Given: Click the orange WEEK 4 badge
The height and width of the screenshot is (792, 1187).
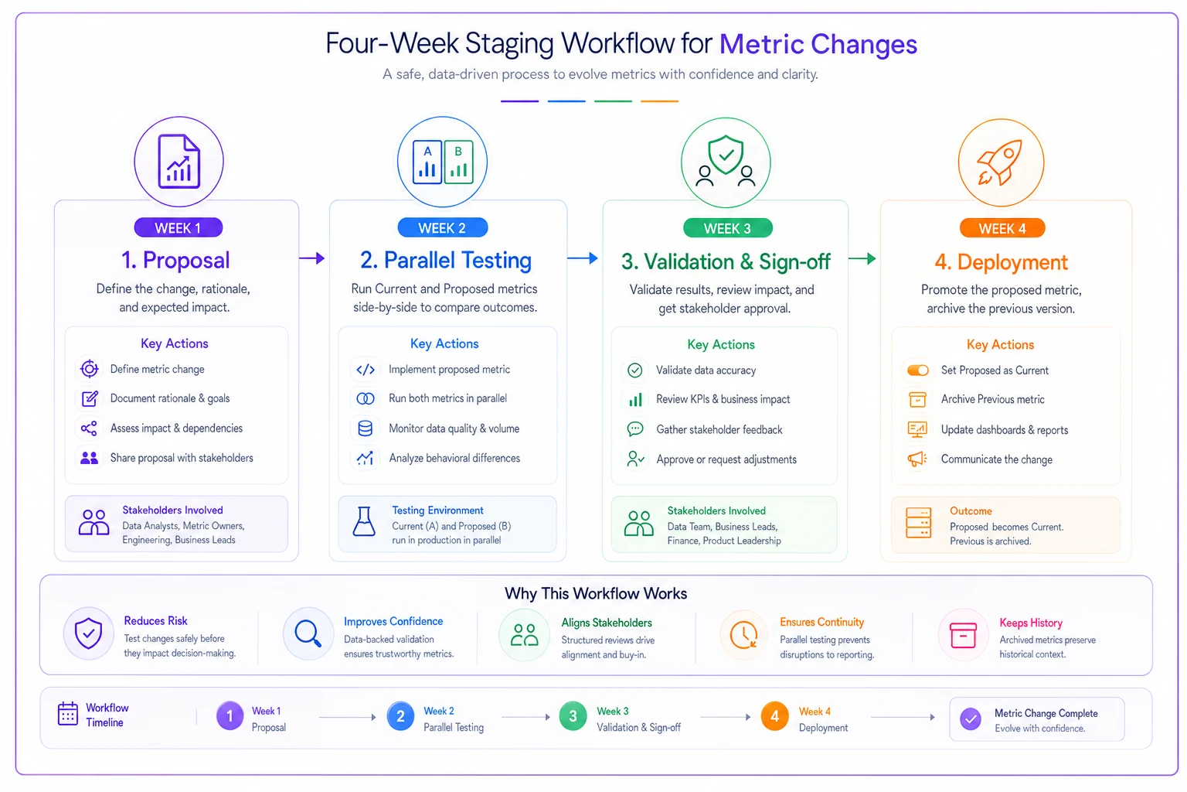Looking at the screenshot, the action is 1002,228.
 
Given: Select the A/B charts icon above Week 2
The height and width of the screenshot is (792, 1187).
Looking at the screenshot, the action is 443,162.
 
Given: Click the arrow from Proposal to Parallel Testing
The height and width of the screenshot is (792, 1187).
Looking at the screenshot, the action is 312,258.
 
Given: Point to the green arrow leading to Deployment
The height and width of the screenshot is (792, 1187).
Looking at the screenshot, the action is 862,259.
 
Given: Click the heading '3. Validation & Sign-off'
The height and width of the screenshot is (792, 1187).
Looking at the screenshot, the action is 726,261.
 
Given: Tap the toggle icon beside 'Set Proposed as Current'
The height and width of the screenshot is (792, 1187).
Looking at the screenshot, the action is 918,370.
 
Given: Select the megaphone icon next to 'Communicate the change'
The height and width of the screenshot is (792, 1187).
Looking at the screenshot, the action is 917,459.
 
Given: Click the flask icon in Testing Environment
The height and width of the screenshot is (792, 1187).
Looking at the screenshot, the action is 364,521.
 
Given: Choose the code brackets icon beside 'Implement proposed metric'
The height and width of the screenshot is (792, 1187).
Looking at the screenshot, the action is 366,370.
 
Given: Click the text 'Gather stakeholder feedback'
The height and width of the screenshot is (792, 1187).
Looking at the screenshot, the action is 719,429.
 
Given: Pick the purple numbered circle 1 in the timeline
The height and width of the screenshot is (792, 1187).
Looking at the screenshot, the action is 230,716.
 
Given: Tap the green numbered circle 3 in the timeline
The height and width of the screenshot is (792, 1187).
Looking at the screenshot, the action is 573,716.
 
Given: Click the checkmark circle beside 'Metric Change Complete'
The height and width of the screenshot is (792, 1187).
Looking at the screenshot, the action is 971,719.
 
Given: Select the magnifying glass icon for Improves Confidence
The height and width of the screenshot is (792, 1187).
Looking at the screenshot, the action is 308,633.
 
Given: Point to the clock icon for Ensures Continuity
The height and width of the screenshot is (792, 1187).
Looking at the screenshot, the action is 743,634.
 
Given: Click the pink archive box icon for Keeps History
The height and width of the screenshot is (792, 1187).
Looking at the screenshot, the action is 963,635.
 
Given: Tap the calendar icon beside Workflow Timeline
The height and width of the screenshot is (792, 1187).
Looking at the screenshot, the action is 68,713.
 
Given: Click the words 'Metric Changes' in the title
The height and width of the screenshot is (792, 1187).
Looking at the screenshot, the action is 818,44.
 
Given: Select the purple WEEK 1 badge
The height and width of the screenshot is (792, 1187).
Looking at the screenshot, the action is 178,227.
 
